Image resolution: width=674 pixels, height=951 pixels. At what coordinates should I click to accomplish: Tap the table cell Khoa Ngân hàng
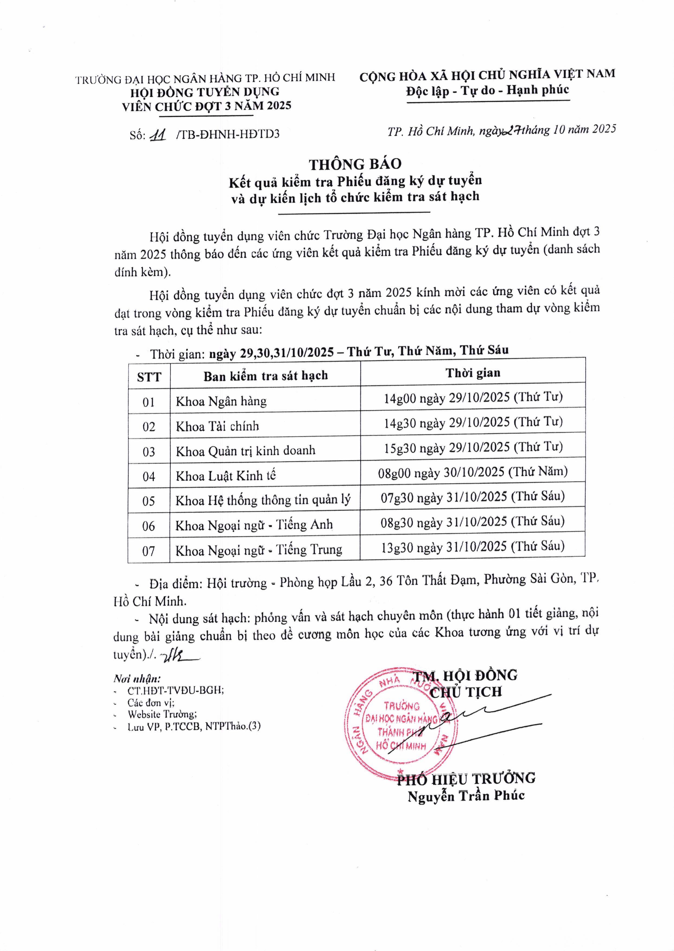click(221, 401)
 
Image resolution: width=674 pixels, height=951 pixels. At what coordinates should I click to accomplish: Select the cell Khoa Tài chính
click(217, 426)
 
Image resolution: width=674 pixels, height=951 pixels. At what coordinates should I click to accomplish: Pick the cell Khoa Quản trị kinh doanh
click(245, 451)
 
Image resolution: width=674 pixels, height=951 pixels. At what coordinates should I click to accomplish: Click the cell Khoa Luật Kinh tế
click(225, 476)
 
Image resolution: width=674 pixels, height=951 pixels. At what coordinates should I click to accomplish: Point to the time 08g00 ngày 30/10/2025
click(472, 472)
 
